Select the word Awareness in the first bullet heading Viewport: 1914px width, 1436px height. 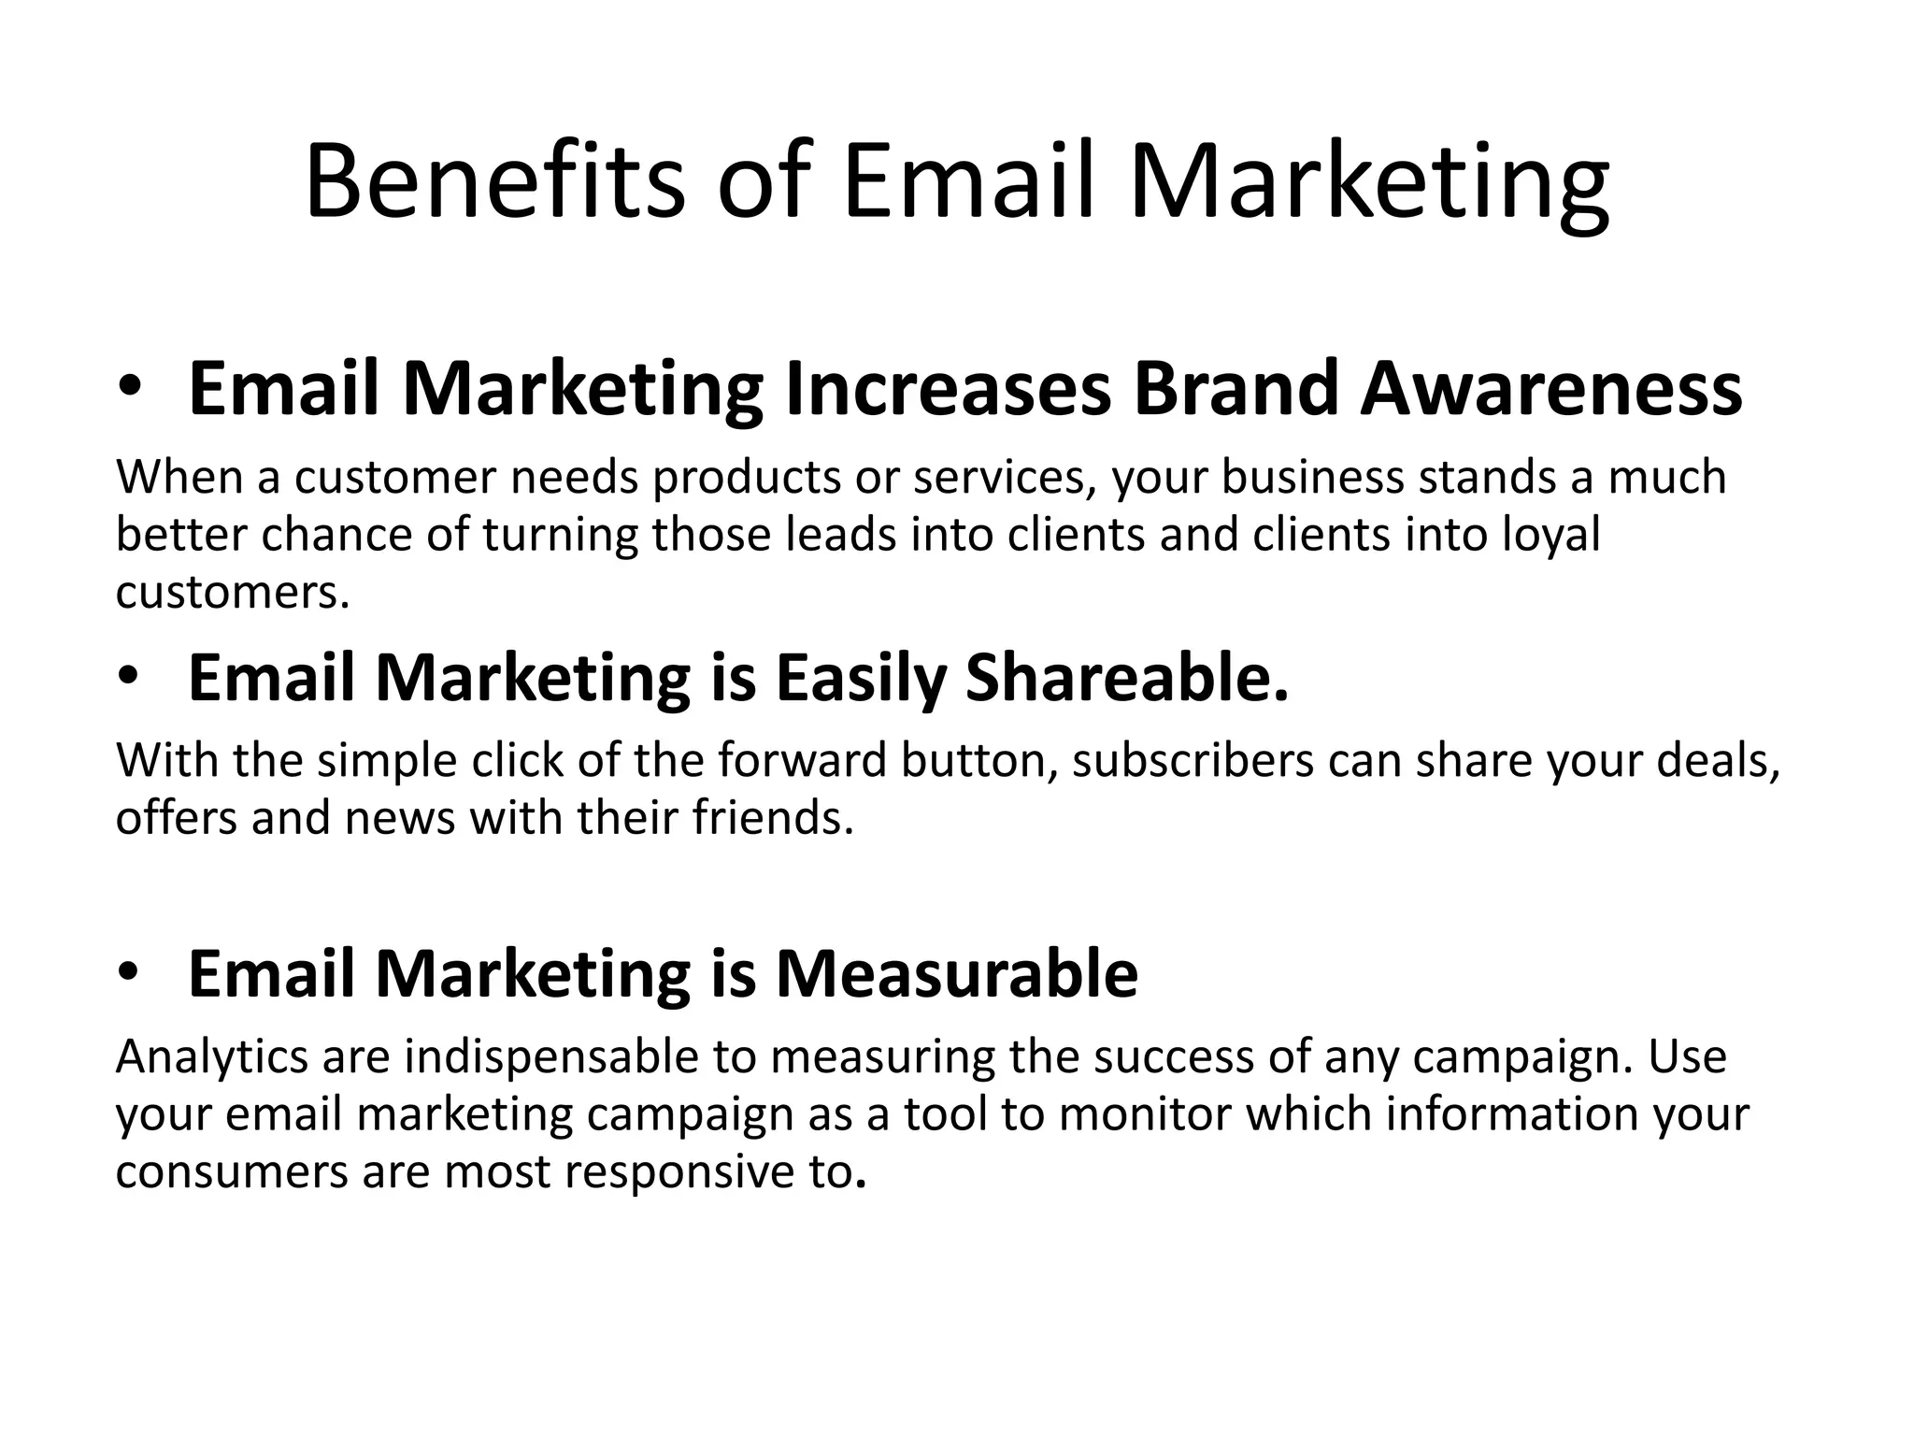tap(1551, 389)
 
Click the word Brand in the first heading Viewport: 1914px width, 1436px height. tap(1236, 389)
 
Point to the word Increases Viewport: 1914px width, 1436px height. tap(949, 389)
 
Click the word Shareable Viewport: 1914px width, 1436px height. tap(1127, 677)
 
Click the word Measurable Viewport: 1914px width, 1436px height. tap(957, 973)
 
